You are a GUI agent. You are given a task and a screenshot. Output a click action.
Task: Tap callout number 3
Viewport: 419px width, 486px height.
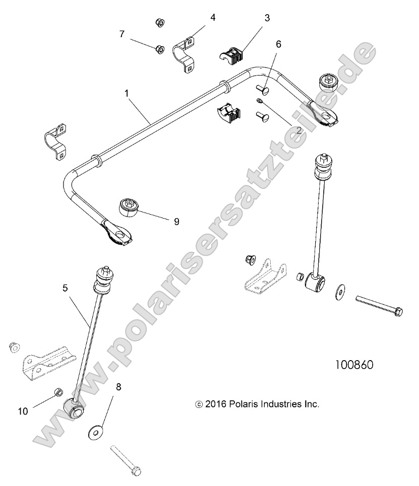click(267, 18)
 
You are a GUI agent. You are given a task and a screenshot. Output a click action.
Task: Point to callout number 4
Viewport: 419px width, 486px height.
click(213, 18)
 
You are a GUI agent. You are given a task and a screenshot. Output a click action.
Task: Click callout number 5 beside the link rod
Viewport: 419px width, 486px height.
click(65, 288)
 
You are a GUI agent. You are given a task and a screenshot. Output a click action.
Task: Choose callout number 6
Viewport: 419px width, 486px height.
click(278, 44)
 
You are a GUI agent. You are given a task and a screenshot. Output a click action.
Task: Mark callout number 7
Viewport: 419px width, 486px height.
click(122, 34)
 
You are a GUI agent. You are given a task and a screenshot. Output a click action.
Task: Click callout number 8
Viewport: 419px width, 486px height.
click(118, 387)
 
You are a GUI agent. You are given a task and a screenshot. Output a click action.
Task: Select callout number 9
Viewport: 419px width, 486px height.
click(176, 221)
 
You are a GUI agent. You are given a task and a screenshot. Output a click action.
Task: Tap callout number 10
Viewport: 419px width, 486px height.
click(23, 411)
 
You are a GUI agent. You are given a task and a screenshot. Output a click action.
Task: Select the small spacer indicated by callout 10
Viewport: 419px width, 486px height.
click(58, 393)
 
